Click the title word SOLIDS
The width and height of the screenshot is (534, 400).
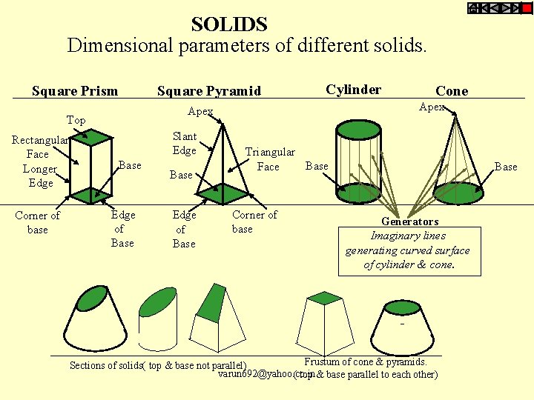(228, 24)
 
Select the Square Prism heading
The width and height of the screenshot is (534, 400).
(75, 91)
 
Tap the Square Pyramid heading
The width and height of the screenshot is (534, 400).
(209, 91)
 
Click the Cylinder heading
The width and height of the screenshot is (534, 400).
(354, 90)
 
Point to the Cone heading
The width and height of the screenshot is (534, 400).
(452, 91)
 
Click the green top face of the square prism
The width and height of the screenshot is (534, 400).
(91, 136)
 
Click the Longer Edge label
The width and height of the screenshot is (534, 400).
(39, 176)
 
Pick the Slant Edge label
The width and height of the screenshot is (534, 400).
(185, 143)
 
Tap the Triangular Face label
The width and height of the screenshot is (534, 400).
(269, 159)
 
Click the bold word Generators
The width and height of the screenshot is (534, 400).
(409, 221)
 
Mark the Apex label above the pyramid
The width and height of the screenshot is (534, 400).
(200, 112)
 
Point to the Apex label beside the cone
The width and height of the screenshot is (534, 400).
(432, 107)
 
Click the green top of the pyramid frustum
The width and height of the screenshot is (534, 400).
(323, 298)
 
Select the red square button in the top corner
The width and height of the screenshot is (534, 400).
(526, 8)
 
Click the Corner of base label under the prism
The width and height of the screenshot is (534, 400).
(37, 222)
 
